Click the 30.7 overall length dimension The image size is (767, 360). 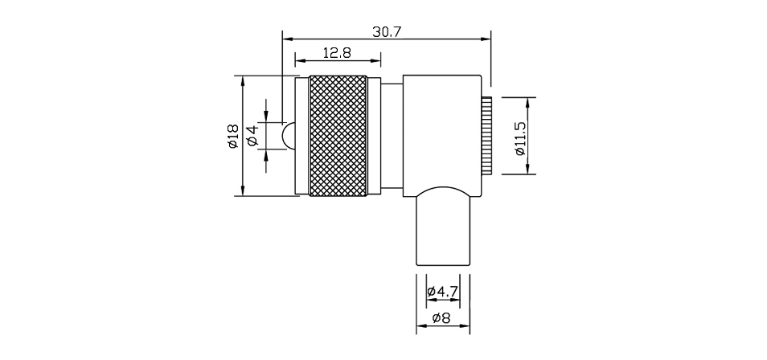(387, 32)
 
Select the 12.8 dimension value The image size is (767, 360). (337, 53)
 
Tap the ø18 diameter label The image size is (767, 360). (232, 136)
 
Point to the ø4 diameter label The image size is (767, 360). (253, 136)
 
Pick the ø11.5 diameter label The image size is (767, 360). (520, 138)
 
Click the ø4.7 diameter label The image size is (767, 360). (442, 292)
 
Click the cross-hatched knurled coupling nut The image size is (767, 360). (338, 136)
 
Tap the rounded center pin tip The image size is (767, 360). (288, 136)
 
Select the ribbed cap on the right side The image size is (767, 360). (486, 136)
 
